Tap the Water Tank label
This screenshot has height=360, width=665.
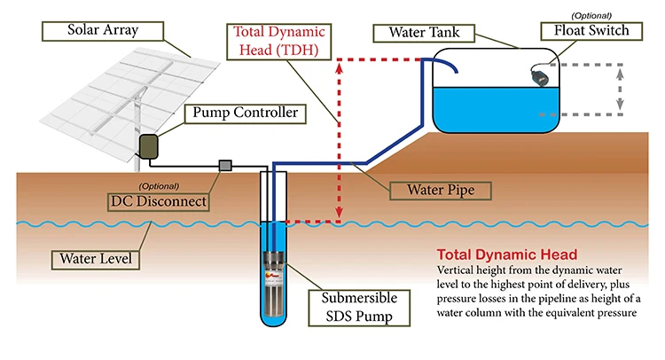click(423, 33)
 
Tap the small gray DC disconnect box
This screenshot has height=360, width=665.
click(225, 165)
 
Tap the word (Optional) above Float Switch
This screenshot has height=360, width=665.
click(584, 14)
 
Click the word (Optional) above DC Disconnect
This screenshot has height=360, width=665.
click(159, 186)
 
